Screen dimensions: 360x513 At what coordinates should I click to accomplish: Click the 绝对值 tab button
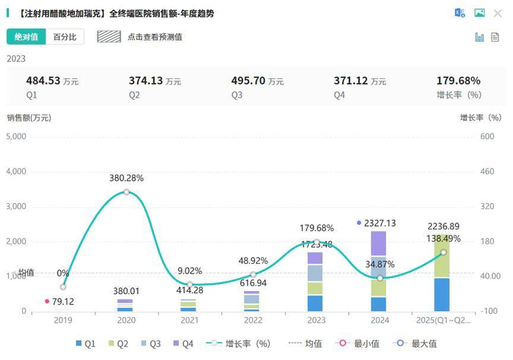(x=26, y=37)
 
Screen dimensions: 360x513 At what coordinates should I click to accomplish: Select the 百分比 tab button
(x=65, y=37)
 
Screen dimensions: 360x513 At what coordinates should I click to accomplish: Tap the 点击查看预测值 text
(x=154, y=37)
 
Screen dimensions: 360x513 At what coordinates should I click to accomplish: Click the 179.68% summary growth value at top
(x=459, y=81)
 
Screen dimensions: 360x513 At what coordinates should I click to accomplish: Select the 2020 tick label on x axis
(x=126, y=321)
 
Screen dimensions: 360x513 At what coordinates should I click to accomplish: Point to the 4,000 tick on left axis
(x=16, y=172)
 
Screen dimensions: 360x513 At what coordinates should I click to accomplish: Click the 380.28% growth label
(x=126, y=178)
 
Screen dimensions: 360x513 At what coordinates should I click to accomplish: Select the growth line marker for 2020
(x=126, y=192)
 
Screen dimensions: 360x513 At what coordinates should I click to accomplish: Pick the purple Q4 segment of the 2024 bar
(x=378, y=243)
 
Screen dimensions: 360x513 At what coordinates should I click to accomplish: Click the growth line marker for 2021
(x=189, y=284)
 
